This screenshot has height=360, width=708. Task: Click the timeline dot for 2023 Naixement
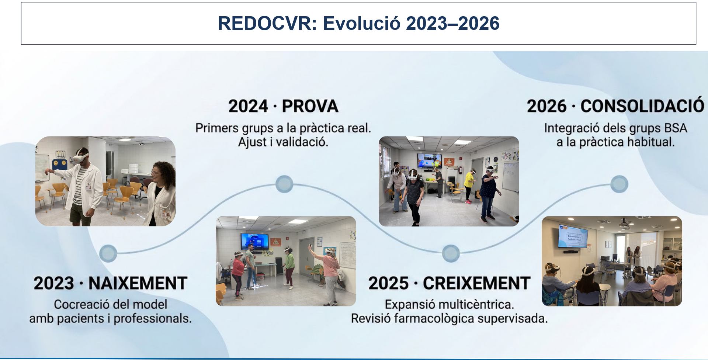tap(108, 253)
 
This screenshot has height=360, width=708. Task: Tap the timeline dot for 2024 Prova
tap(284, 184)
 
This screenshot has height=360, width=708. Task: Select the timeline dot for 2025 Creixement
tap(451, 253)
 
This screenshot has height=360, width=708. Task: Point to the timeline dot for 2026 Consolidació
tap(619, 184)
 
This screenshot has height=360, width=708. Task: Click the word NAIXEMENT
tap(138, 283)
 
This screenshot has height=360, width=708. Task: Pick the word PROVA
tap(310, 106)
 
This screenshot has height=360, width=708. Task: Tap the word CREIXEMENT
tap(476, 283)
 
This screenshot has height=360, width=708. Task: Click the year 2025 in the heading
tap(389, 283)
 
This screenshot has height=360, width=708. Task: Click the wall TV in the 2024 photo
tap(254, 242)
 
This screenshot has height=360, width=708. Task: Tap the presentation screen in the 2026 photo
tap(573, 236)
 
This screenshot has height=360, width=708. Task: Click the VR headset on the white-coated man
tap(80, 158)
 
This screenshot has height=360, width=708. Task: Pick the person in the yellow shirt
tap(469, 186)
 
